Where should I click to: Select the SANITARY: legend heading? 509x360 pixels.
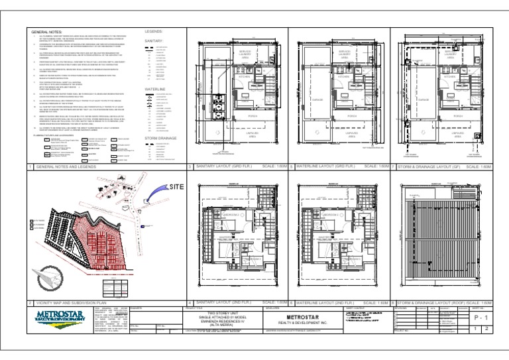(x=153, y=40)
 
